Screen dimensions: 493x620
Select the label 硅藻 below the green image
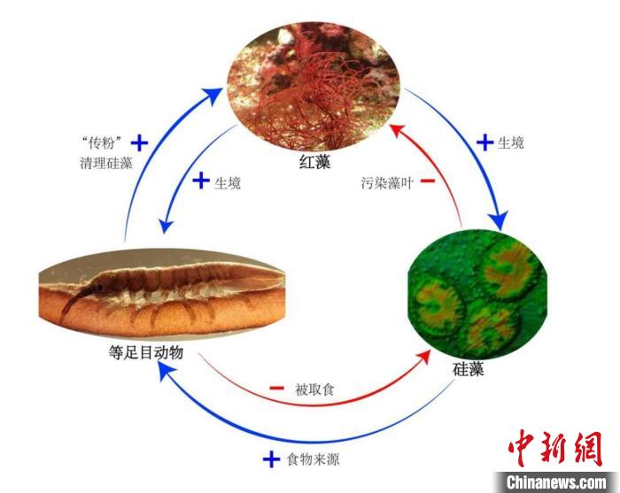(x=467, y=369)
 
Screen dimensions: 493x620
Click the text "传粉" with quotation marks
(x=101, y=142)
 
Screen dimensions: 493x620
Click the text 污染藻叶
(x=383, y=183)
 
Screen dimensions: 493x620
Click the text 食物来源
(x=313, y=460)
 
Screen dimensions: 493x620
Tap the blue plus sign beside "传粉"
(x=138, y=142)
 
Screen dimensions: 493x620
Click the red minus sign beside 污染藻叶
(x=427, y=182)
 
